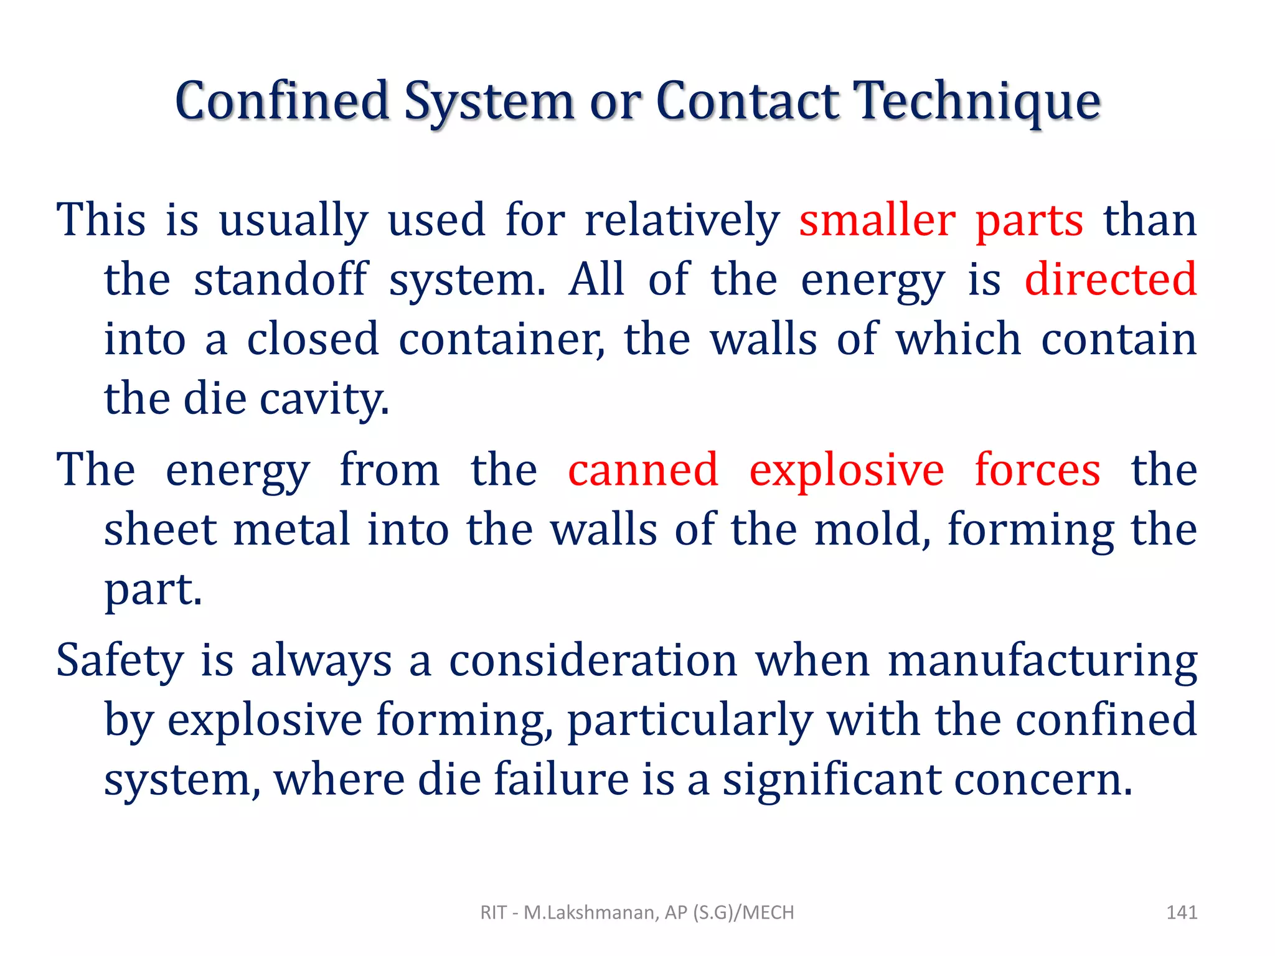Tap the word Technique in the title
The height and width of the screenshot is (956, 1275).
tap(977, 102)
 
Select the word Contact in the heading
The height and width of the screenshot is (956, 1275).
tap(747, 101)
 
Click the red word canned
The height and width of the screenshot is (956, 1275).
tap(643, 469)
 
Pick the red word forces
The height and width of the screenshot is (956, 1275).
tap(1038, 469)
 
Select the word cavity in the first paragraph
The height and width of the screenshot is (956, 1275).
tap(324, 400)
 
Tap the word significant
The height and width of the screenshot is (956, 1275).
tap(832, 780)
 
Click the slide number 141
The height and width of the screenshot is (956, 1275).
tap(1182, 912)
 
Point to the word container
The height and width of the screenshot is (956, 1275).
tap(501, 340)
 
